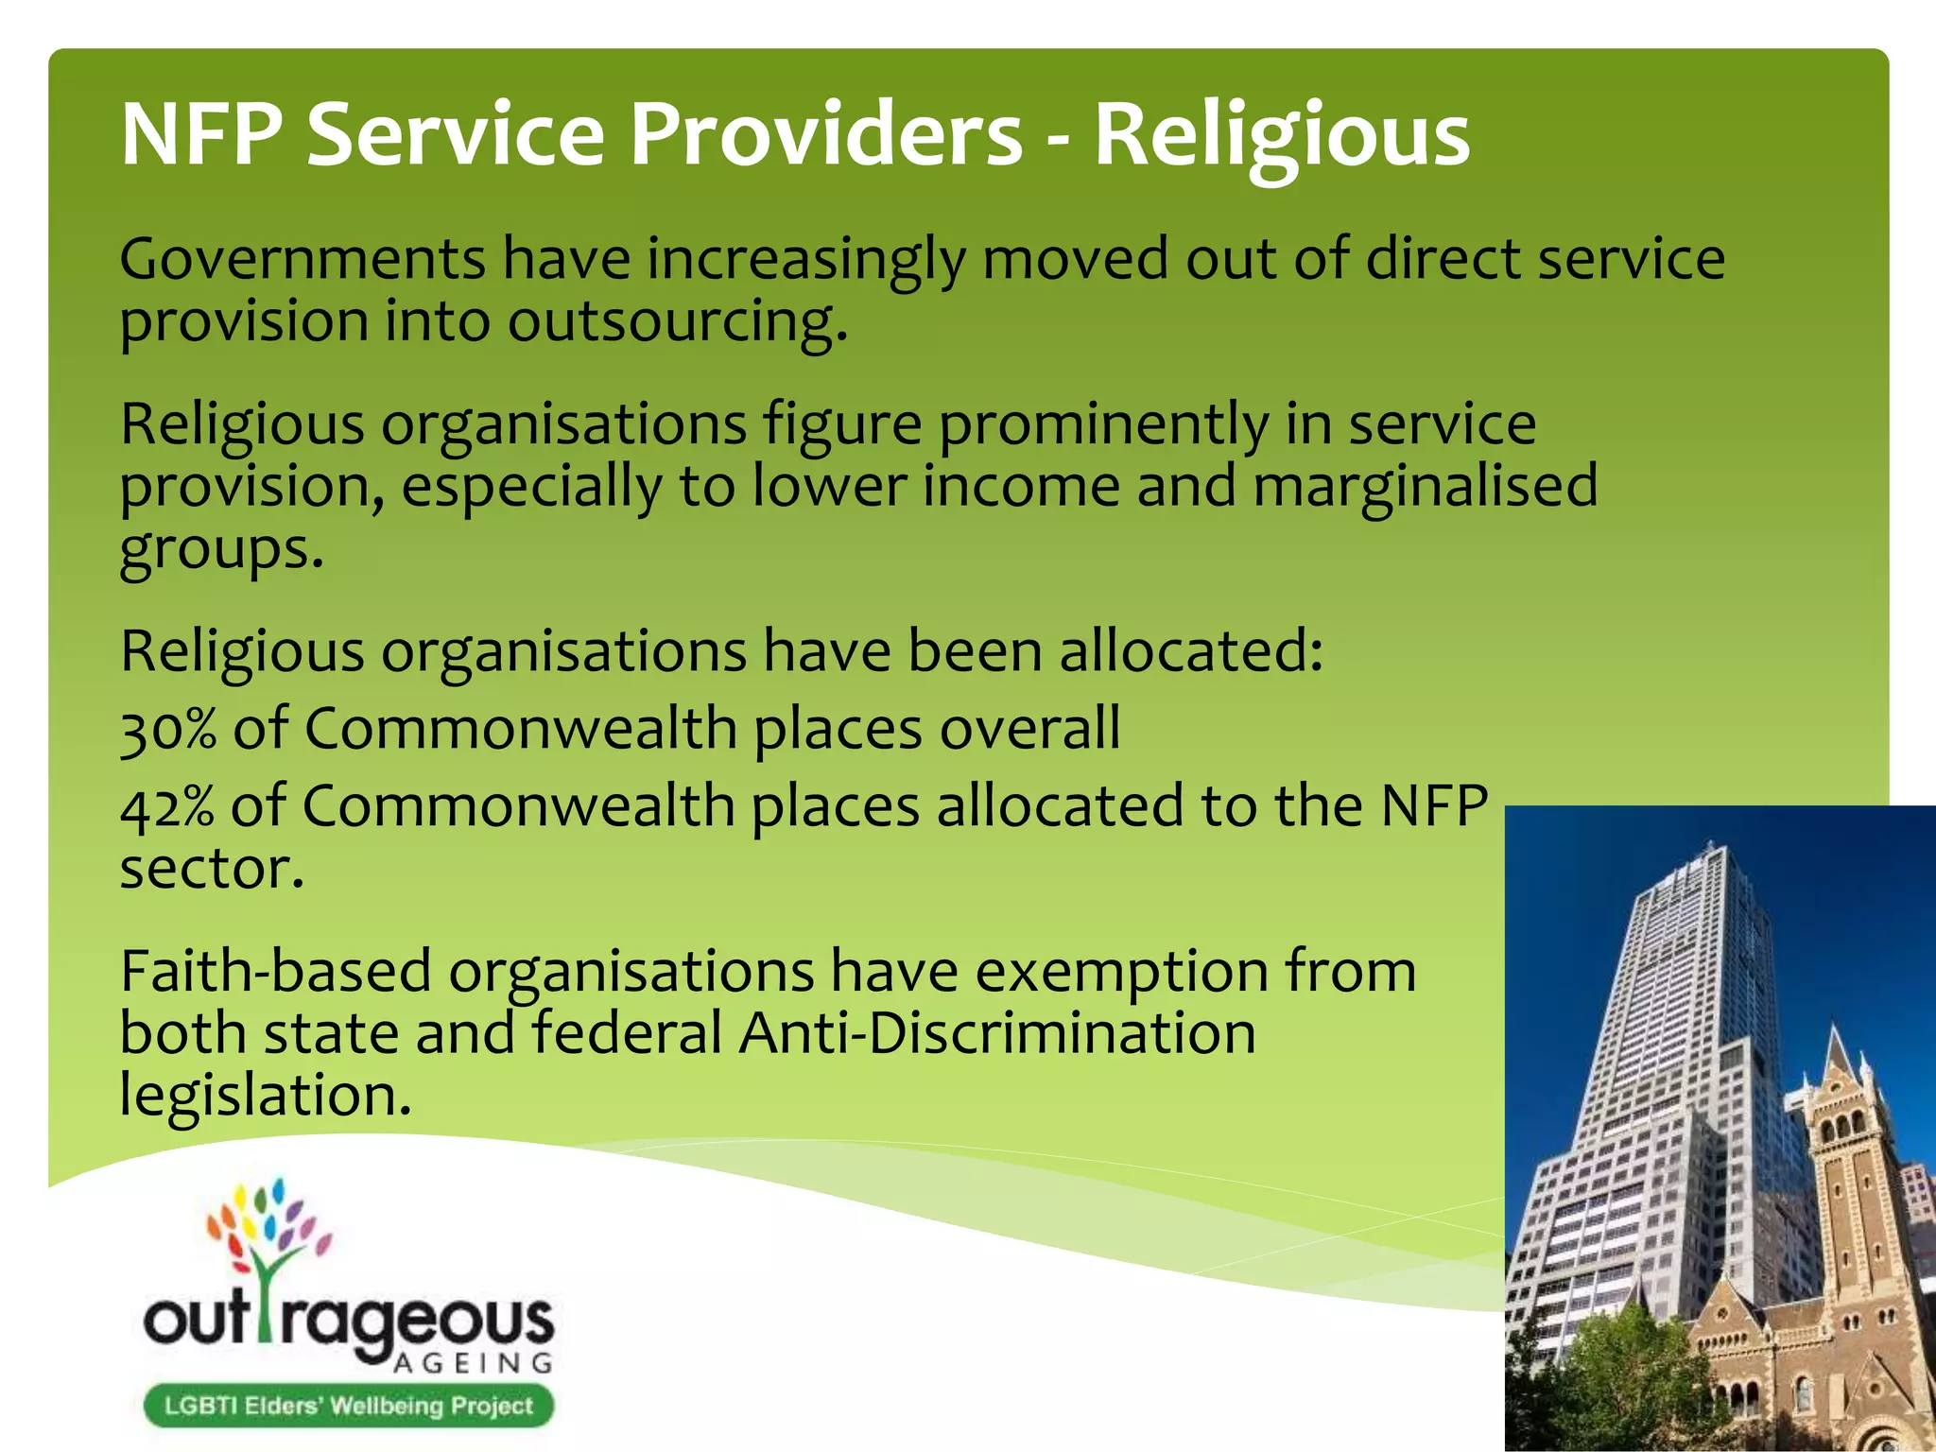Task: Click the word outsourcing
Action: coord(677,322)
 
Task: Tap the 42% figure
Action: coord(167,806)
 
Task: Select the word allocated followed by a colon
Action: coord(1191,651)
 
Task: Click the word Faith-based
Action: coord(275,971)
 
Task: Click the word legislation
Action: coord(266,1095)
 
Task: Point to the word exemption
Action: coord(1121,971)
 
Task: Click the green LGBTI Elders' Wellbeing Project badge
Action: coord(348,1406)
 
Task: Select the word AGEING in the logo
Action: coord(473,1363)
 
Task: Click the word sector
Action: coord(212,869)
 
